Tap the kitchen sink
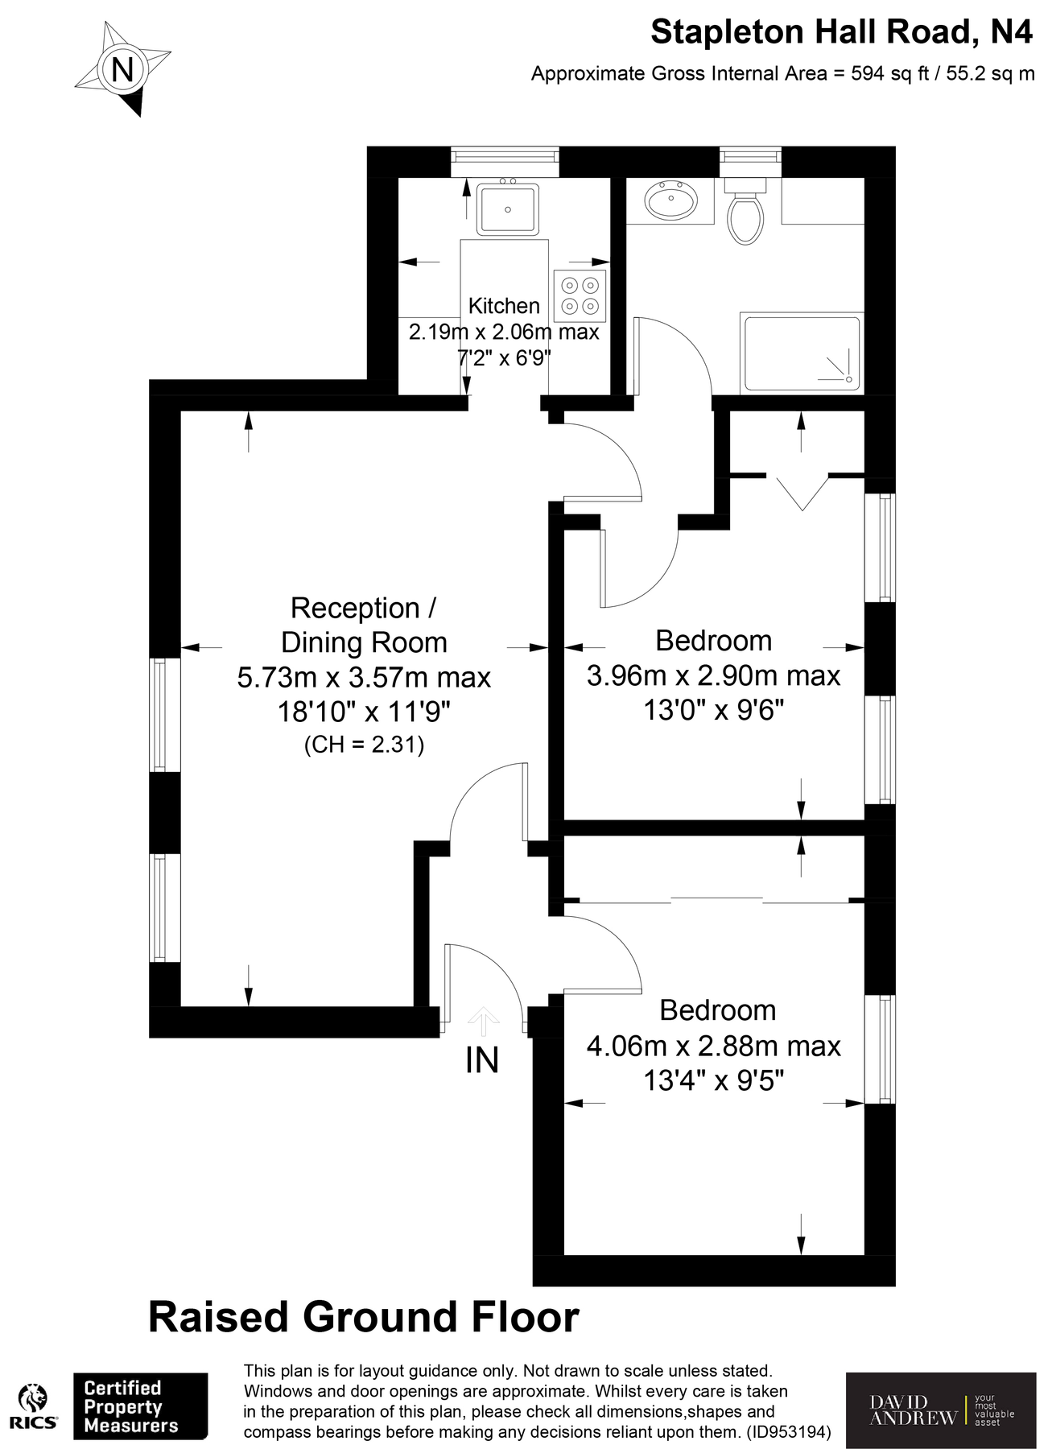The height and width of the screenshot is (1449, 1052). pos(507,209)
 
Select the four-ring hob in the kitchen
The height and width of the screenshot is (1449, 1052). pos(580,295)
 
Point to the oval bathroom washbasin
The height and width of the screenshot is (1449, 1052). pos(672,200)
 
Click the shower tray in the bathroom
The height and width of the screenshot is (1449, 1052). pos(802,353)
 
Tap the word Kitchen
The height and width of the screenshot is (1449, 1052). pos(504,306)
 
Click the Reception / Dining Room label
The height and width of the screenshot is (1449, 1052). pos(364,625)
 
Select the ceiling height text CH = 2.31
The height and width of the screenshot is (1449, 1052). pos(364,745)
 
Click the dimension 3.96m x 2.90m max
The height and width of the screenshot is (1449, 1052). pos(713,675)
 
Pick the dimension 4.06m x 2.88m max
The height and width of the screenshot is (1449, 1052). pos(713,1046)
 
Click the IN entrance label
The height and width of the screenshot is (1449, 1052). pos(482,1060)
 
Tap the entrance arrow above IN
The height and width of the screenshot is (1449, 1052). pos(483,1020)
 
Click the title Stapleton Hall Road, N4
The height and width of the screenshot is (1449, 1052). pos(840,32)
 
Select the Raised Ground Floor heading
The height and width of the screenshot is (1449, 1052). pos(364,1318)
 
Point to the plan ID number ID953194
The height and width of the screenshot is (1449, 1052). pos(788,1432)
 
